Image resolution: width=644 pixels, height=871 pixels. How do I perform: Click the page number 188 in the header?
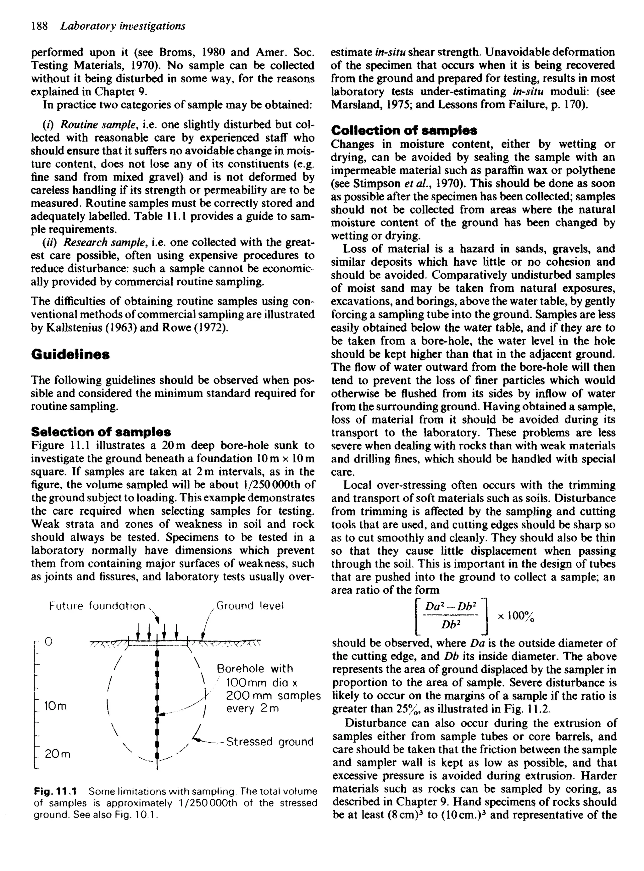[x=39, y=26]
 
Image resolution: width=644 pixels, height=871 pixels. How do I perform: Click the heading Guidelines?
[x=70, y=354]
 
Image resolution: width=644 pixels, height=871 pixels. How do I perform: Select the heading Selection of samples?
[x=101, y=431]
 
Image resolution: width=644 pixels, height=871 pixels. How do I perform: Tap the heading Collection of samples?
[x=404, y=130]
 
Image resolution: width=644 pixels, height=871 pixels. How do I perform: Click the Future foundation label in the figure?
[x=97, y=606]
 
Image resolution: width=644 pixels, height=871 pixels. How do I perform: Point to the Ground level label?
[x=250, y=606]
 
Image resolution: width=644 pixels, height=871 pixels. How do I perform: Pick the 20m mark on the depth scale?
[x=57, y=754]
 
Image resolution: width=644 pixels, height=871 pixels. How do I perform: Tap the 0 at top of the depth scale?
[x=48, y=641]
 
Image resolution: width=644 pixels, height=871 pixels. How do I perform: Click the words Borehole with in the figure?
[x=255, y=669]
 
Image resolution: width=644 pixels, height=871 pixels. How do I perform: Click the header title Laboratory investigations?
[x=123, y=26]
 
